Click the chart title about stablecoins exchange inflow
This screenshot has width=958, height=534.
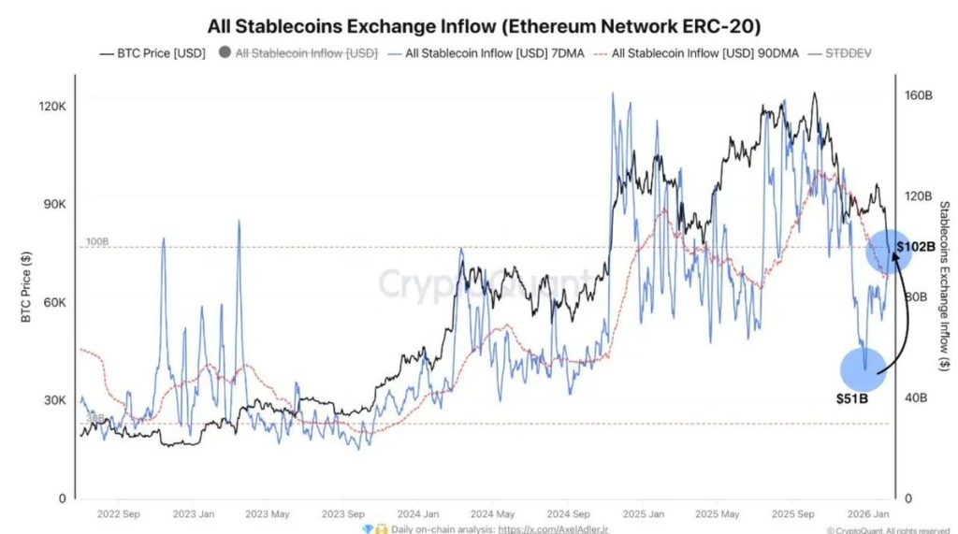[x=483, y=24]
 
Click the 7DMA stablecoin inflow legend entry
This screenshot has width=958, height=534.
[x=487, y=53]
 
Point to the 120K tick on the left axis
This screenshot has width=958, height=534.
[x=51, y=107]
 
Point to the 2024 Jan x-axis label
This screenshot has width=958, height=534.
[x=418, y=513]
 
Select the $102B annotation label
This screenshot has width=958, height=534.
[x=915, y=248]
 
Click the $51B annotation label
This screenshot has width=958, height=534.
[x=852, y=398]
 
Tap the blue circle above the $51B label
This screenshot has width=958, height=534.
[x=864, y=368]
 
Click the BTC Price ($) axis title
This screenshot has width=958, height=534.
[x=27, y=286]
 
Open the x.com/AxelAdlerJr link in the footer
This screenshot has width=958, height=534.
[x=553, y=528]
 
